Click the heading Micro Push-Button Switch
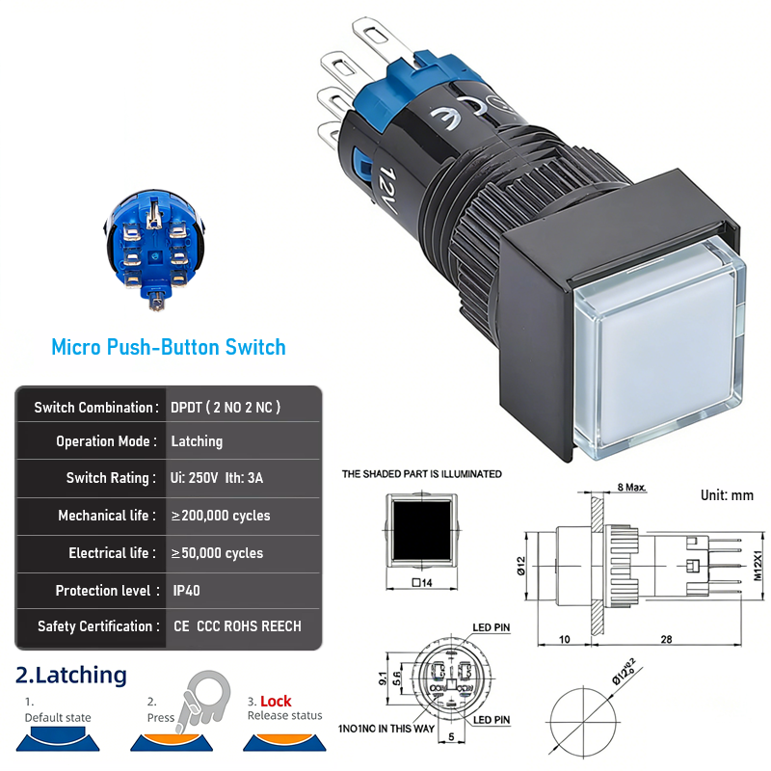(169, 347)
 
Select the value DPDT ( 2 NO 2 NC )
(226, 408)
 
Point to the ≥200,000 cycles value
(221, 516)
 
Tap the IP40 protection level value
(186, 591)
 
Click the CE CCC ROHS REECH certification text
(237, 626)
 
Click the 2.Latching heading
(71, 675)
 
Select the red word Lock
(276, 702)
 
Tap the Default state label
(58, 717)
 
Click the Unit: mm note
(727, 495)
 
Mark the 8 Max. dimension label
(631, 488)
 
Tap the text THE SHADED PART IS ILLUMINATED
(422, 474)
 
